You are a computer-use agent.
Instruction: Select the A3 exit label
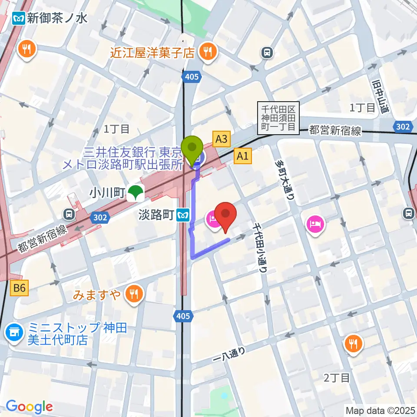click(x=221, y=139)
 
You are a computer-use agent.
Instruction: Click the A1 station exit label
click(x=242, y=156)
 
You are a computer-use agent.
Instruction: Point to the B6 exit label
click(x=20, y=287)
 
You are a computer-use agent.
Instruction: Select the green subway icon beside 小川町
click(x=136, y=193)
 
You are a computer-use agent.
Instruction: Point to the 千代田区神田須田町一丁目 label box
click(x=278, y=116)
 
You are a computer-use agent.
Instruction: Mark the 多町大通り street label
click(x=284, y=179)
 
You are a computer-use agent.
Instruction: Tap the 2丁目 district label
click(x=337, y=378)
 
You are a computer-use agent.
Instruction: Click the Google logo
click(x=29, y=407)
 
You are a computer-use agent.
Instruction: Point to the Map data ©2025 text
click(x=380, y=410)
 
